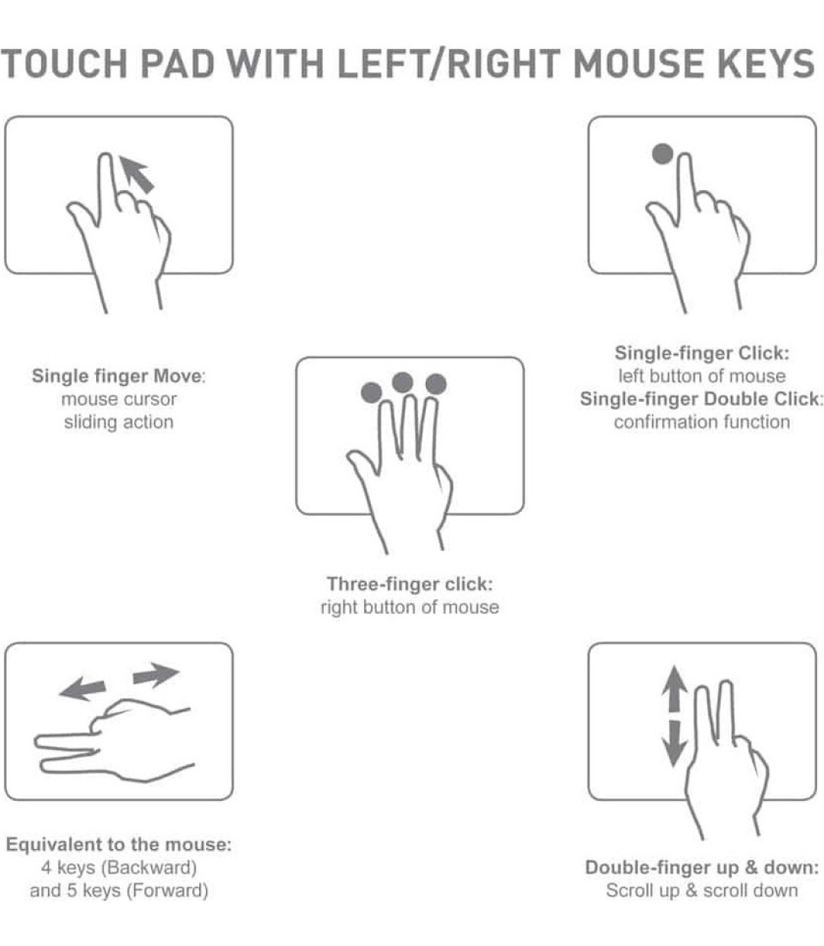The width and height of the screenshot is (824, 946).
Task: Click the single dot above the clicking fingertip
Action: point(662,154)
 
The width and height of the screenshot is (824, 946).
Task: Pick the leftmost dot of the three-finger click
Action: point(371,392)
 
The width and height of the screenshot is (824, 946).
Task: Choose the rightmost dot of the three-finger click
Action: point(436,384)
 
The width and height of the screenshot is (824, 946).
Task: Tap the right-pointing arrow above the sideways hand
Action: point(156,675)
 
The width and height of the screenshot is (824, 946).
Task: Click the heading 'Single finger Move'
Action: point(118,376)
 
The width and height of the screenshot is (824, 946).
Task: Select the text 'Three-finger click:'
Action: point(410,584)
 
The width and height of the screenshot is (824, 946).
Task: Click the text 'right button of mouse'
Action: point(410,607)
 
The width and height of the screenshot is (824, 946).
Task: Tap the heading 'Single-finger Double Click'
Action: point(700,399)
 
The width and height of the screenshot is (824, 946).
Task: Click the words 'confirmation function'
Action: point(702,422)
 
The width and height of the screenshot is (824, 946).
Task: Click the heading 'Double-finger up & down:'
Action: point(701,867)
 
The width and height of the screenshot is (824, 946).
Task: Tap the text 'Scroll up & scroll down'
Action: point(701,890)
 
